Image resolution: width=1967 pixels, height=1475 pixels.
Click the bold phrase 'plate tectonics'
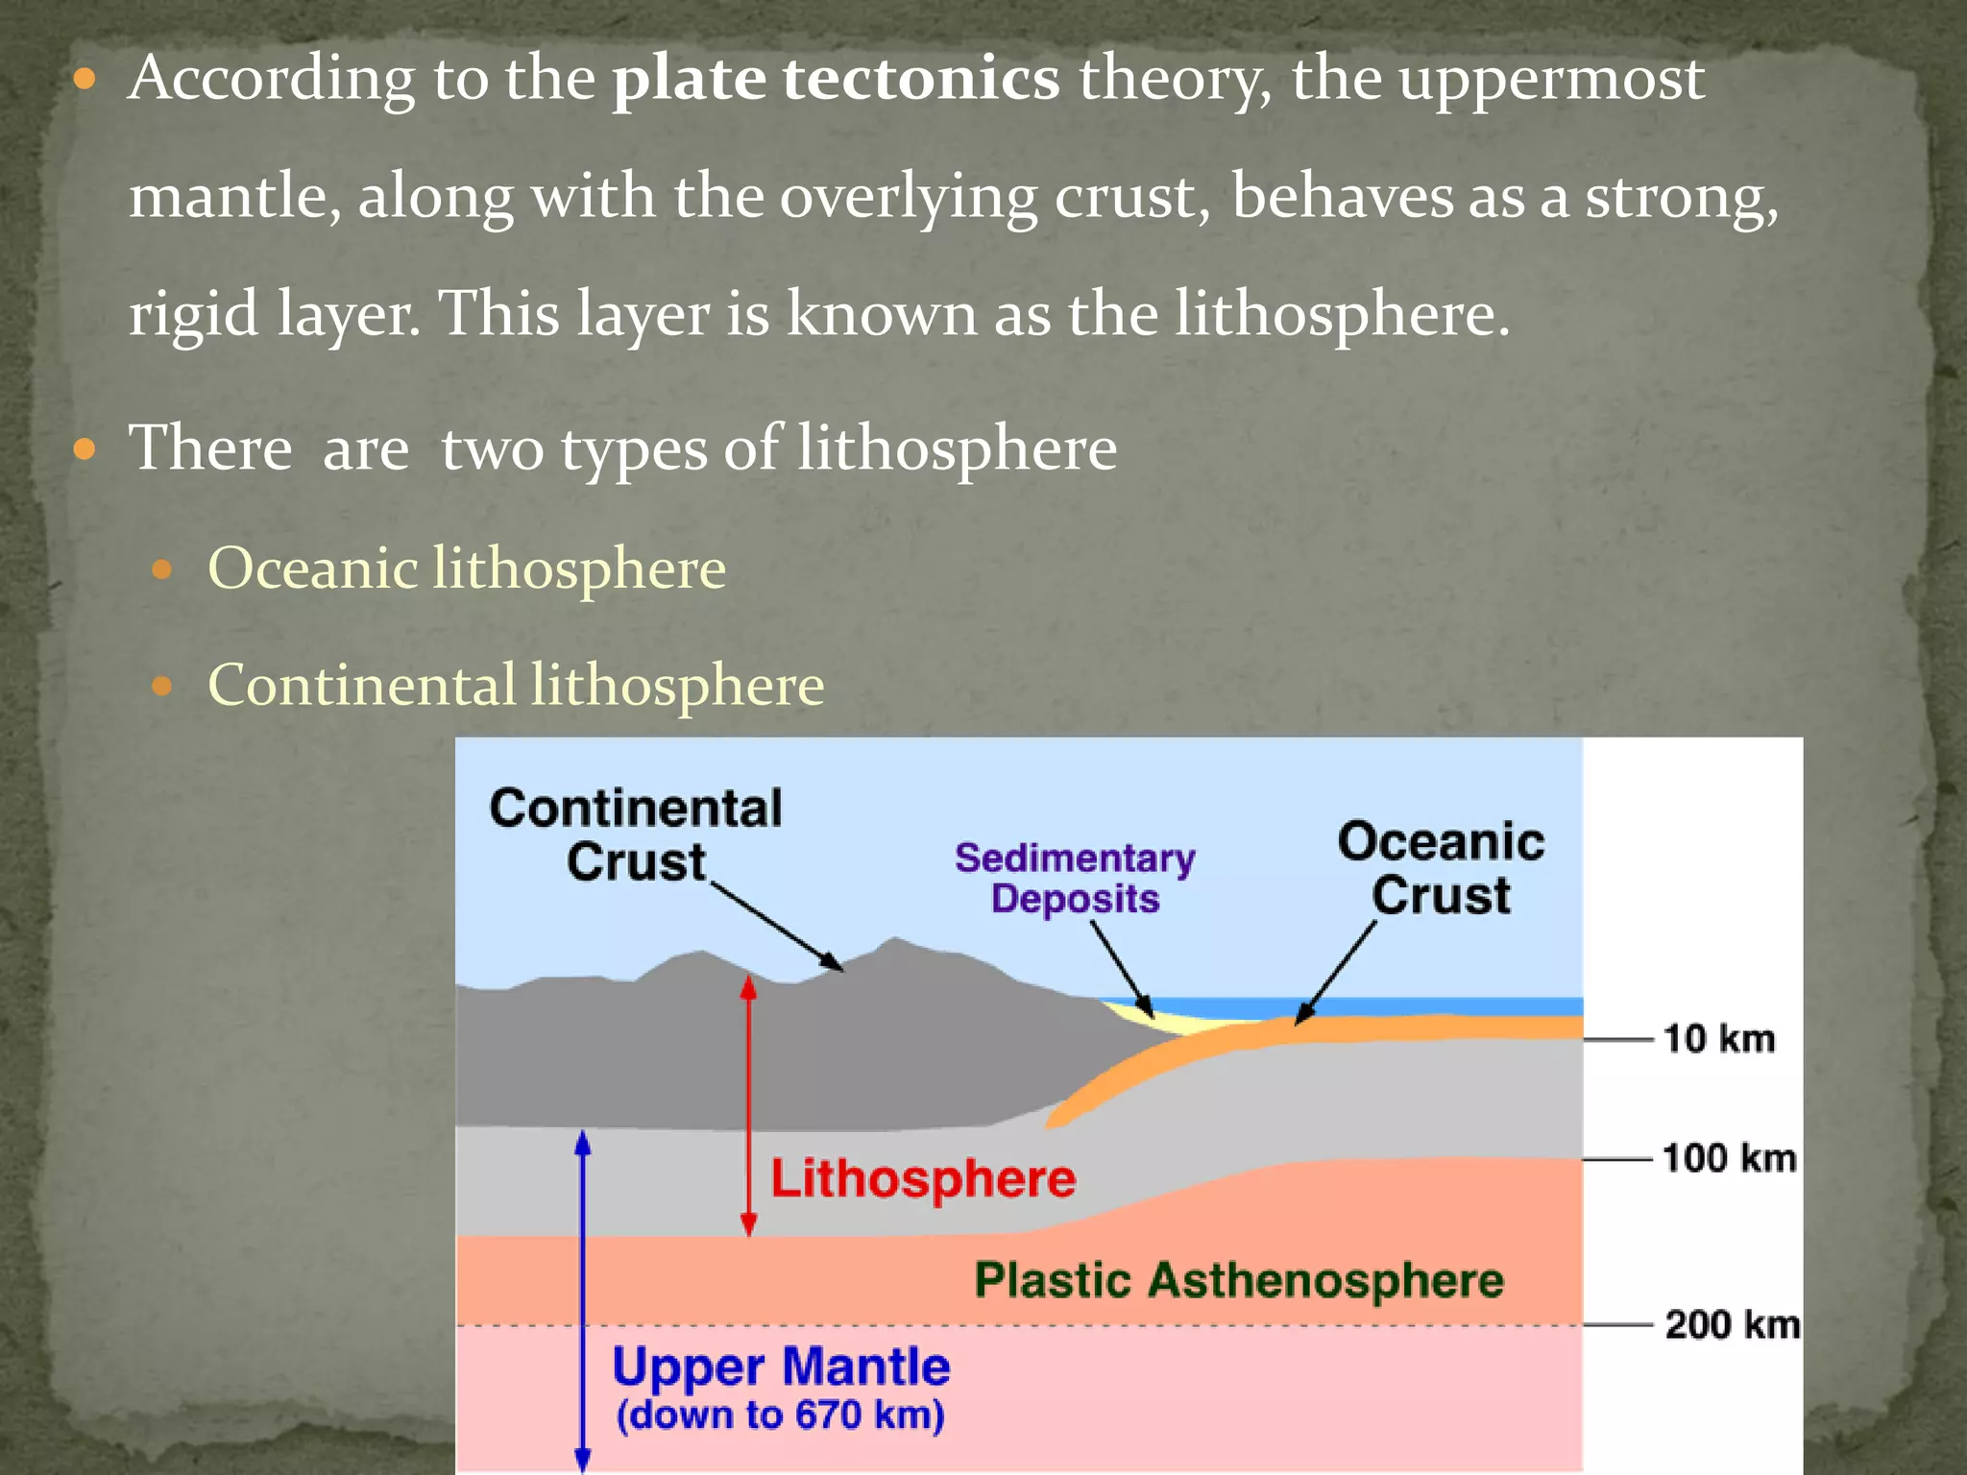pyautogui.click(x=836, y=79)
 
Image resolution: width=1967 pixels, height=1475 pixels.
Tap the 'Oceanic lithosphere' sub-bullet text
pyautogui.click(x=467, y=568)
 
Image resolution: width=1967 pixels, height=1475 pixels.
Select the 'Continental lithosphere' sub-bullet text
pyautogui.click(x=516, y=686)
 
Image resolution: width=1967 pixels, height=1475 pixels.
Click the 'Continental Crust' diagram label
pyautogui.click(x=636, y=834)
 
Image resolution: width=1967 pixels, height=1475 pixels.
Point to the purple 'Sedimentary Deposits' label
pyautogui.click(x=1075, y=878)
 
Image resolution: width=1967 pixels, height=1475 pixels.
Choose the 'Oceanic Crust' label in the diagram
pyautogui.click(x=1441, y=868)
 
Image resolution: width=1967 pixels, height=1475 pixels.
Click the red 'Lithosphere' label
pyautogui.click(x=923, y=1178)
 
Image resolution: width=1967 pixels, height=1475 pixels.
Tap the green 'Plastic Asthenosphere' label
pyautogui.click(x=1239, y=1280)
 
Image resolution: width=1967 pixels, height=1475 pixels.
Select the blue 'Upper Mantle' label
pyautogui.click(x=781, y=1366)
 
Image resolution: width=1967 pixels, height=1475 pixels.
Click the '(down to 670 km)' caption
pyautogui.click(x=781, y=1415)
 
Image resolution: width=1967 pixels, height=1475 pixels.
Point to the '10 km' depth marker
pyautogui.click(x=1719, y=1039)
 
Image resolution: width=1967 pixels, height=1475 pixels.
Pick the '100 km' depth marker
pyautogui.click(x=1729, y=1158)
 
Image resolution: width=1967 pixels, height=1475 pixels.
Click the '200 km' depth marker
pyautogui.click(x=1732, y=1324)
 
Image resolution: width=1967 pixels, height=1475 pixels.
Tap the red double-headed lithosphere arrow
pyautogui.click(x=749, y=1104)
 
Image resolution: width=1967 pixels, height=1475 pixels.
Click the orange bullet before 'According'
pyautogui.click(x=85, y=79)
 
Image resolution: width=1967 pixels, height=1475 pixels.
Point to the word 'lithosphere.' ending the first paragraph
pyautogui.click(x=1343, y=314)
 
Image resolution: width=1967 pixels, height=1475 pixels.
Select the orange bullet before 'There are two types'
pyautogui.click(x=85, y=448)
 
